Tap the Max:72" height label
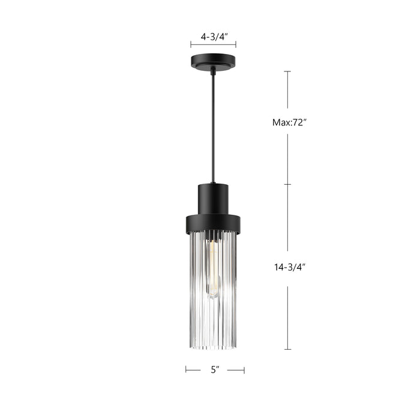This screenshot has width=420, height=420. coord(289,122)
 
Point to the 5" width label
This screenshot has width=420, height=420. coord(214,370)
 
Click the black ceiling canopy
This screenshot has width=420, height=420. coord(213,61)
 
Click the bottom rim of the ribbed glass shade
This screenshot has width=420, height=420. coord(214,347)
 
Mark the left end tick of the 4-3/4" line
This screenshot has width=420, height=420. coord(191,44)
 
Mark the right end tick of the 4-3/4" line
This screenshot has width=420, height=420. coord(236,44)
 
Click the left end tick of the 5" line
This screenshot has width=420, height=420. coord(185,370)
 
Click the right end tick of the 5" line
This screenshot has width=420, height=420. coord(244,370)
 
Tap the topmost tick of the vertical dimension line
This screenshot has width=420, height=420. coord(287,71)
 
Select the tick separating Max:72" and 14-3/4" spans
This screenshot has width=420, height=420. coord(287,184)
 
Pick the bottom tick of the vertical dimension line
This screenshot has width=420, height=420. coord(287,349)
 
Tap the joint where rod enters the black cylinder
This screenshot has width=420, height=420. coord(214,182)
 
